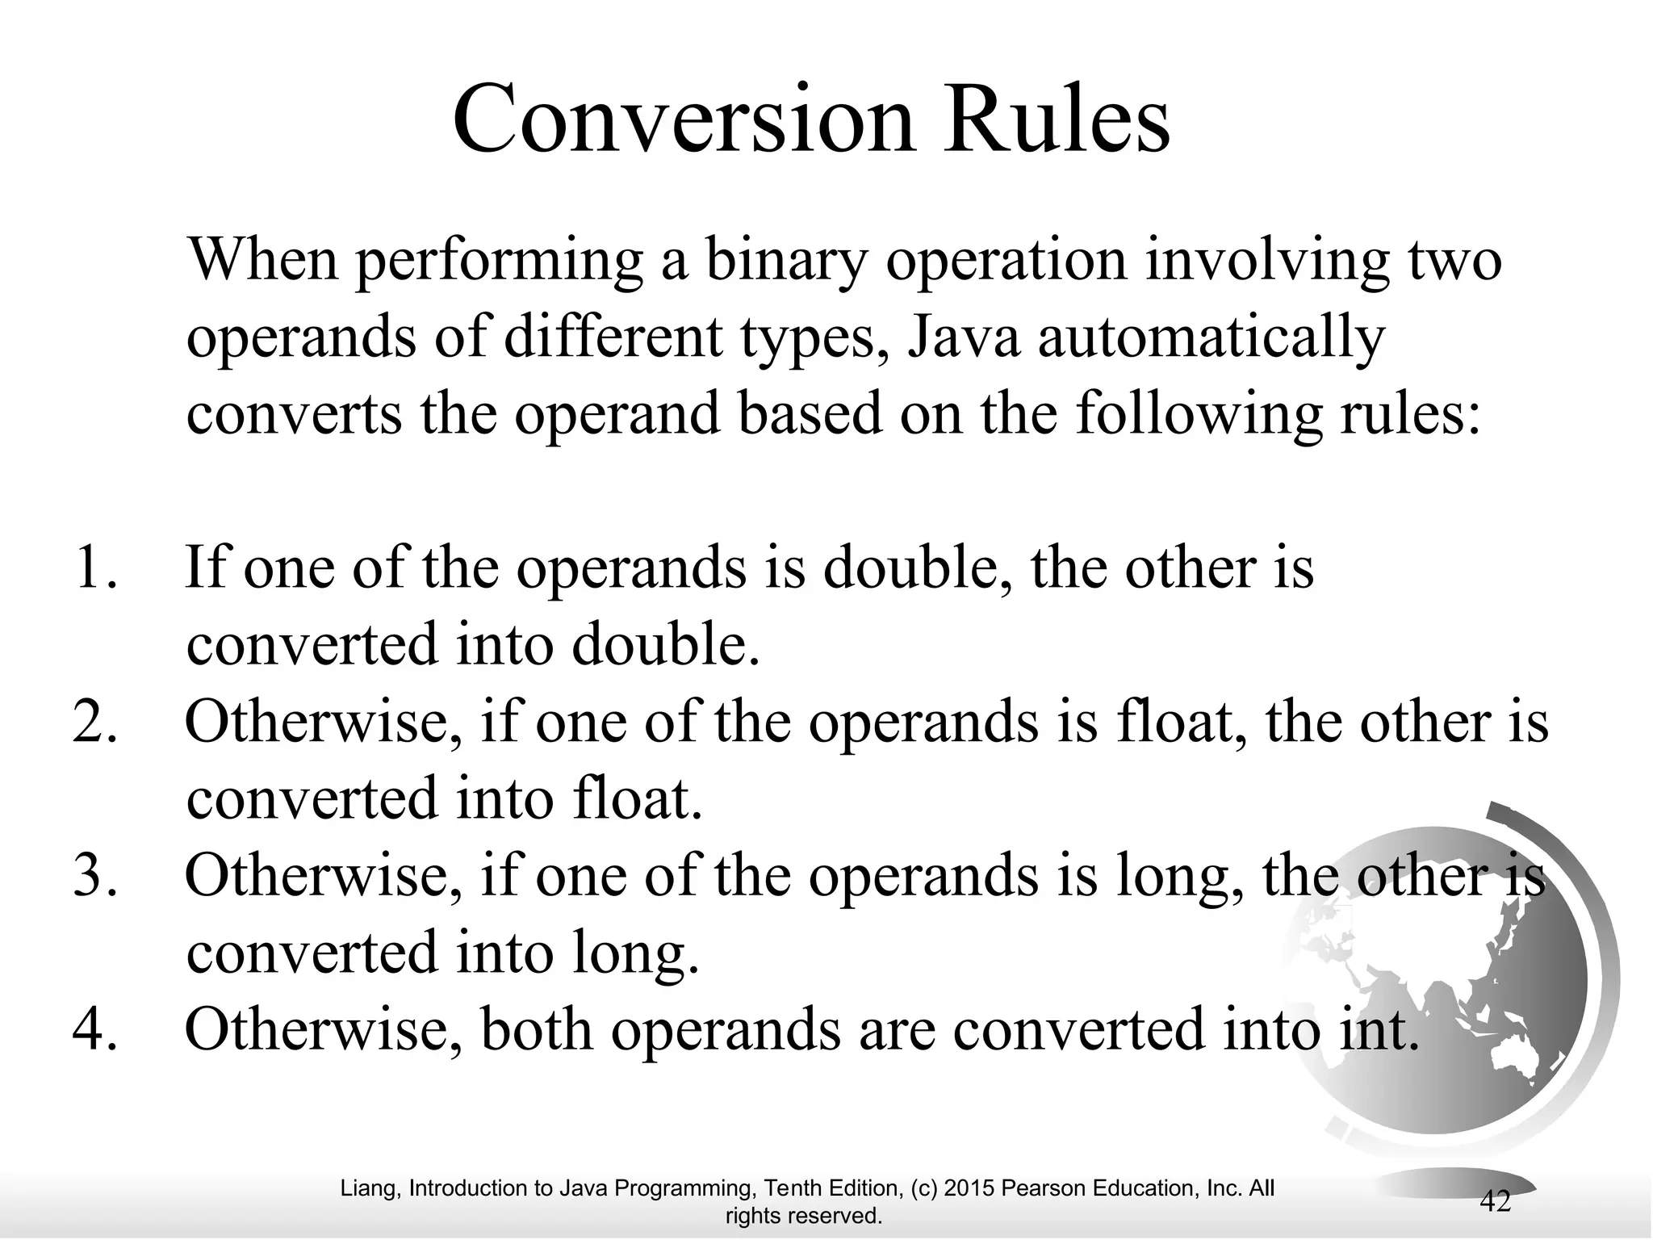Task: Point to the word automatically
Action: click(1211, 339)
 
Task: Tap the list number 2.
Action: click(94, 722)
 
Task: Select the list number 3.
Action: click(94, 877)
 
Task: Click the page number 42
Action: click(1495, 1202)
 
